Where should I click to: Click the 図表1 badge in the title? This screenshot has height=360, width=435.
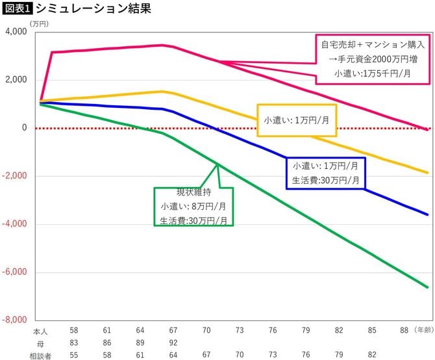click(x=17, y=8)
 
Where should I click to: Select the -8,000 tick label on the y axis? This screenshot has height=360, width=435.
click(x=16, y=320)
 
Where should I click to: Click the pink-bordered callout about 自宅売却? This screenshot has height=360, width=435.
click(x=373, y=59)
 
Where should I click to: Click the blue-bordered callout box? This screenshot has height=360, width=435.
click(x=325, y=173)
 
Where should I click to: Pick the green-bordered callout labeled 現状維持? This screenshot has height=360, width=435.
click(x=193, y=207)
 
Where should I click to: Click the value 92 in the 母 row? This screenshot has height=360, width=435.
click(x=173, y=342)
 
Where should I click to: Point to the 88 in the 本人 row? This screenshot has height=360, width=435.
click(x=404, y=331)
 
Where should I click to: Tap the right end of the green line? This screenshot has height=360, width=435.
click(x=427, y=287)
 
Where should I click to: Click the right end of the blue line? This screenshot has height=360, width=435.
click(x=427, y=214)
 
